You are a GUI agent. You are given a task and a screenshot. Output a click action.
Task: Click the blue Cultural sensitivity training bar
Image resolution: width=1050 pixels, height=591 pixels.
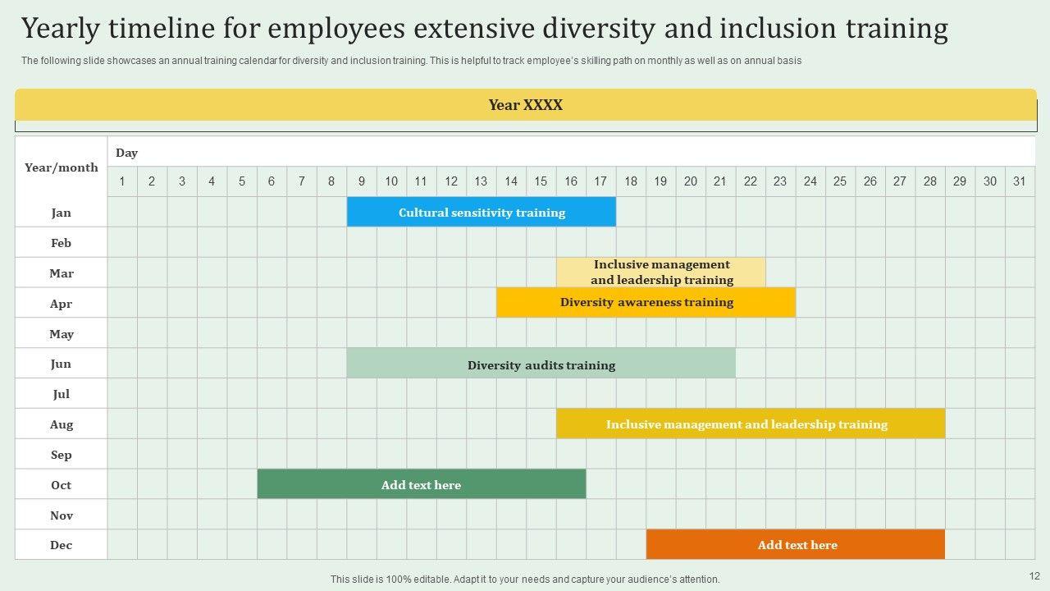[482, 213]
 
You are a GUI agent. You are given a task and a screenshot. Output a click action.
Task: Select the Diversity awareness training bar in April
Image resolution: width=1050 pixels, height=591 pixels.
[646, 302]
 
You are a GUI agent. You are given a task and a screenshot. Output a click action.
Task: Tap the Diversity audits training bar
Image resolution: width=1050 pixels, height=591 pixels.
[541, 365]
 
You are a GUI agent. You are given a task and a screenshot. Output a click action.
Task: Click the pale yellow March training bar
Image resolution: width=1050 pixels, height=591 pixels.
[661, 273]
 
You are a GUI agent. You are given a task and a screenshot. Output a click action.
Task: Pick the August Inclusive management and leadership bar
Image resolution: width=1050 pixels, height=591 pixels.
[751, 424]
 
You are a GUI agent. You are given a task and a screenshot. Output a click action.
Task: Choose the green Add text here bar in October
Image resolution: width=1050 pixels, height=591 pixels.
[421, 485]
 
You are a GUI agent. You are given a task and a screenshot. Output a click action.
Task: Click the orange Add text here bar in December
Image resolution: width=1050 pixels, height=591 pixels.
[796, 545]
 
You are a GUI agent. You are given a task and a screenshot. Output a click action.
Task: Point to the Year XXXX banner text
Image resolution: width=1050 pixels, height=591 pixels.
[525, 105]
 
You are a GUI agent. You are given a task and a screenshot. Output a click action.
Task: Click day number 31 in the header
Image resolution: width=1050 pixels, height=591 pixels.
[1019, 181]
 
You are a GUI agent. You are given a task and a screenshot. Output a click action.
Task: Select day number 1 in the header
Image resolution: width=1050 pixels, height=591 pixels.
[122, 181]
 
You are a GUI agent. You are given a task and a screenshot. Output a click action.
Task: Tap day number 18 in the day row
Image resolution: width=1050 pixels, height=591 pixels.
[630, 181]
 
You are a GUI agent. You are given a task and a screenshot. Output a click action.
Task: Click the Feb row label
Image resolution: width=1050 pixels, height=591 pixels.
[62, 243]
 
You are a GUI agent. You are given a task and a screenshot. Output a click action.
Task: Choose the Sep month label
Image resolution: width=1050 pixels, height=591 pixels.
[62, 455]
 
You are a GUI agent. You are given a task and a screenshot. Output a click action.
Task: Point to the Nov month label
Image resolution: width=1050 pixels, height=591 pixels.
[62, 515]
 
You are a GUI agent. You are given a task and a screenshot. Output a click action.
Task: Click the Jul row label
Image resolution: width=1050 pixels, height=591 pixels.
[62, 394]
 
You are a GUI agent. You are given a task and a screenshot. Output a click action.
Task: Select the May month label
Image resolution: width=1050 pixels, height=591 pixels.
[62, 334]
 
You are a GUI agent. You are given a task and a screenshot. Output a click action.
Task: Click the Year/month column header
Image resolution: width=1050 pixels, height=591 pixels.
[62, 167]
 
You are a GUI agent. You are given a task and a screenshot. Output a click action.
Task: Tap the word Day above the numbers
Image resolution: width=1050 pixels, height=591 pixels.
[126, 153]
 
